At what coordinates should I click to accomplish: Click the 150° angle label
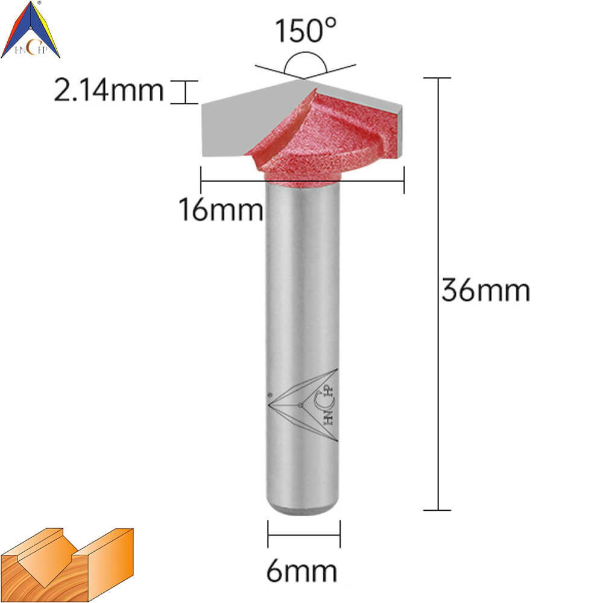(x=305, y=30)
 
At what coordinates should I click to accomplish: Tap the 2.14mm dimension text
(x=109, y=91)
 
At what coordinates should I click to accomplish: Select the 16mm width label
(x=221, y=210)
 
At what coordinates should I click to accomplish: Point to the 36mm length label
(x=485, y=290)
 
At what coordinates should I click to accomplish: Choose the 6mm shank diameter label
(x=302, y=570)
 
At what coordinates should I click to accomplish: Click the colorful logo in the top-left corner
(x=30, y=30)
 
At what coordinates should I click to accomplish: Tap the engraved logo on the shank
(x=303, y=405)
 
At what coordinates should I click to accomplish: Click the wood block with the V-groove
(x=67, y=564)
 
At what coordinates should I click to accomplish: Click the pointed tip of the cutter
(x=304, y=79)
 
